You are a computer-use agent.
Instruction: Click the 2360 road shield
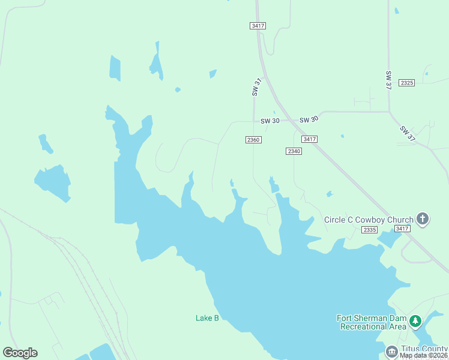[253, 139]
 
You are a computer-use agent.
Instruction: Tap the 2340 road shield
[294, 151]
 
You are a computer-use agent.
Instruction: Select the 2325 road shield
[406, 83]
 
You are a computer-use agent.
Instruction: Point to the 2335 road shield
[370, 229]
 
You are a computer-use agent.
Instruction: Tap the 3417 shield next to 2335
[403, 229]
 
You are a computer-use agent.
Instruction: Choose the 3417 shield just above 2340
[310, 139]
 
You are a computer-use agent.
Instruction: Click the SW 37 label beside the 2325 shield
[388, 80]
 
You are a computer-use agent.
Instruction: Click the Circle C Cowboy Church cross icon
[423, 219]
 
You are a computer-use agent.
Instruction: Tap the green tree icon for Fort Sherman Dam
[415, 322]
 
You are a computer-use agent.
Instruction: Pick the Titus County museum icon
[391, 350]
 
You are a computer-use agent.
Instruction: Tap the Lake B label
[207, 318]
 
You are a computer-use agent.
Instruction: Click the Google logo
[20, 353]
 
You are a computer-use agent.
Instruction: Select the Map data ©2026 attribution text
[424, 356]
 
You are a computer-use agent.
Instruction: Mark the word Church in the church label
[399, 220]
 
